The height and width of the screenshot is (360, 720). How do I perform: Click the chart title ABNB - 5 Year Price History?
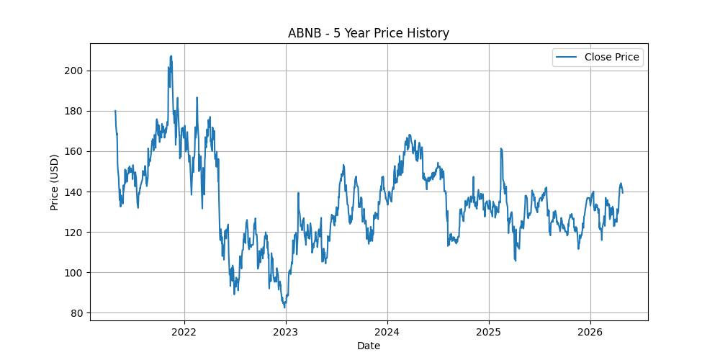368,33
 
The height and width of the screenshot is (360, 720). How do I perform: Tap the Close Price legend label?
611,57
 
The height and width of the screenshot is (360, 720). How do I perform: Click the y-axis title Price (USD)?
55,182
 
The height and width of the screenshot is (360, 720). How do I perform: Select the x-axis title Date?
368,346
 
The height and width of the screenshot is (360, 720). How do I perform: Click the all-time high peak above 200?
171,56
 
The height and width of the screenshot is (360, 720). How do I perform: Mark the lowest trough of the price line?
284,307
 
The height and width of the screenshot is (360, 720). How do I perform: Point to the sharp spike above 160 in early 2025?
500,148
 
